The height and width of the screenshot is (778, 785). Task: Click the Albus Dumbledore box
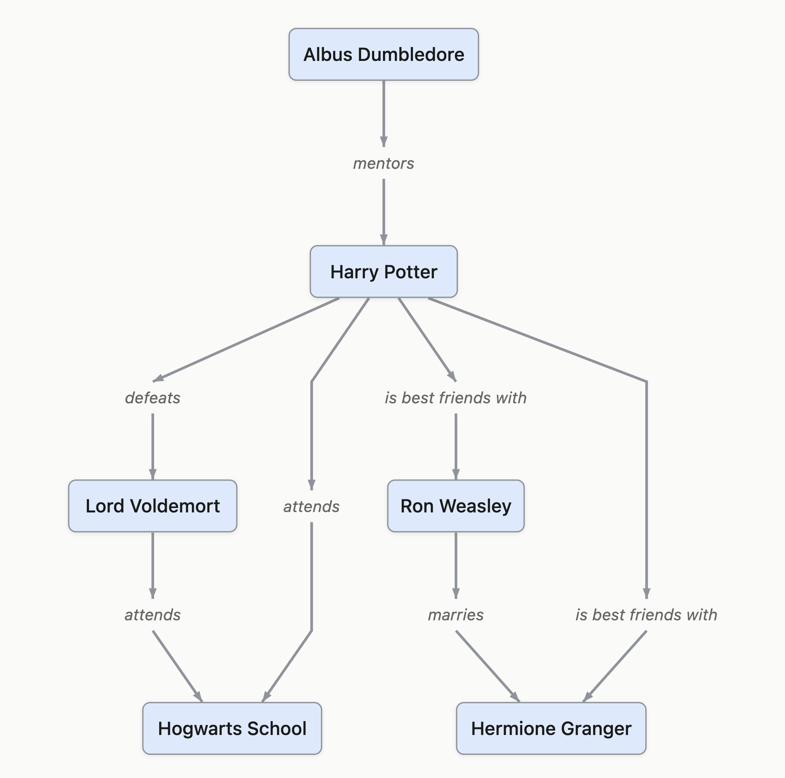click(x=384, y=55)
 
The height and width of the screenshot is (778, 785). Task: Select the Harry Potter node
click(x=384, y=272)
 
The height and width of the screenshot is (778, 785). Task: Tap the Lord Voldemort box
click(x=152, y=506)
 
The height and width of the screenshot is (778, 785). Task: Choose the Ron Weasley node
click(x=455, y=506)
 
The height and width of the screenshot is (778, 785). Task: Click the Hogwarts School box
click(x=232, y=728)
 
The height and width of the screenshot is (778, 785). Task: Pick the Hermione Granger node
click(x=551, y=728)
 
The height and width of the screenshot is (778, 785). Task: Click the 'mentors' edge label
click(x=384, y=163)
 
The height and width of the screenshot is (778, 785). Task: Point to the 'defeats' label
click(x=152, y=397)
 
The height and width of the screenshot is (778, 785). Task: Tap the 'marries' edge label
click(x=455, y=615)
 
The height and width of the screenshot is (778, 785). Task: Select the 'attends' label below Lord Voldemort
click(x=152, y=615)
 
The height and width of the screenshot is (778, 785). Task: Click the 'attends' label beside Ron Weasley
click(x=311, y=506)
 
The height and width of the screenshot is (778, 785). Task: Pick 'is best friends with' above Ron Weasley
click(x=455, y=397)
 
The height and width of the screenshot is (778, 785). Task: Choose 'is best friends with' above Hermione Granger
click(x=646, y=615)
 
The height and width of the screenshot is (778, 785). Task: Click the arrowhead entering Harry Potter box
click(x=384, y=240)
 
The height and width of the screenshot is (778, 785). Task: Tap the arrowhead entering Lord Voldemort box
click(x=152, y=474)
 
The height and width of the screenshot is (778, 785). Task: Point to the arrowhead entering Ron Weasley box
click(x=455, y=474)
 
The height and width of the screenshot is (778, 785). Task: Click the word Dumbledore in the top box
click(x=411, y=55)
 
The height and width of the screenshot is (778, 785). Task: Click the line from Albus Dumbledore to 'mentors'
click(x=384, y=110)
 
